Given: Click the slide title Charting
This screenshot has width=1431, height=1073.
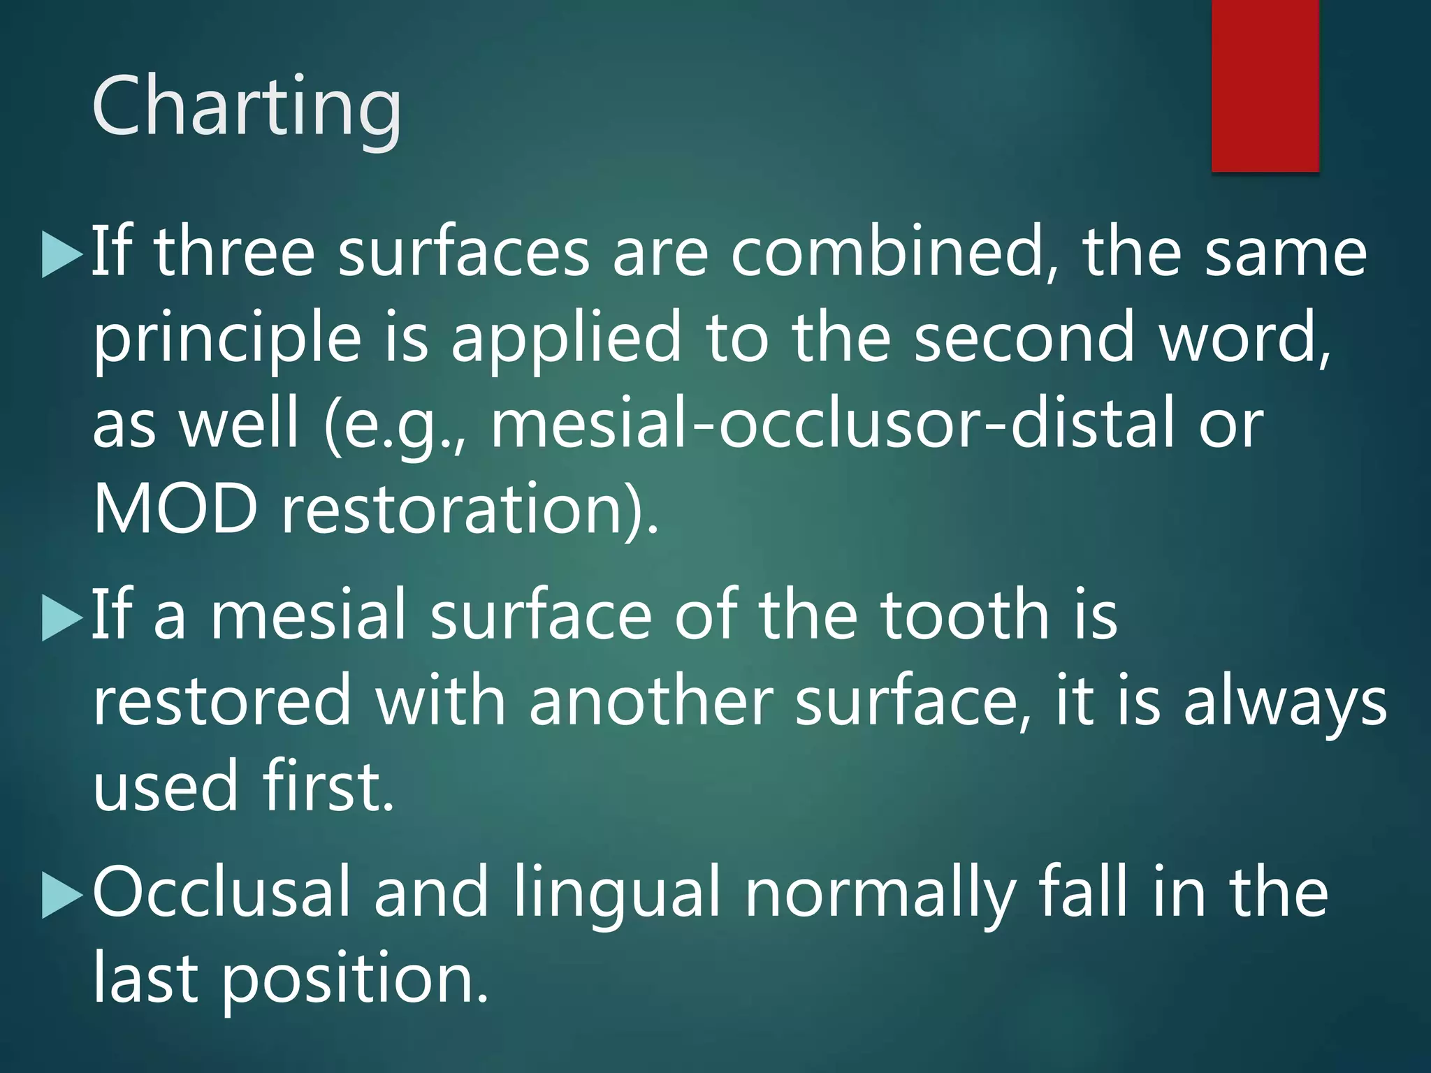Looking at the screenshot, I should pos(247,106).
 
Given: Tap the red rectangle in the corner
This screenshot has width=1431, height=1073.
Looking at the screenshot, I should pos(1265,85).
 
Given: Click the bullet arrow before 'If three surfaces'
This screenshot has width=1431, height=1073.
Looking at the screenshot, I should pos(61,255).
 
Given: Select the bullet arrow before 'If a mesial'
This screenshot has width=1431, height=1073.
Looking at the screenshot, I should pos(61,618).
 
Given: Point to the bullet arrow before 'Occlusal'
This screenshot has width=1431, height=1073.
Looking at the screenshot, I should pos(61,895).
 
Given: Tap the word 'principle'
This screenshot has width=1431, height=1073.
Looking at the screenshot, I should pos(228,340).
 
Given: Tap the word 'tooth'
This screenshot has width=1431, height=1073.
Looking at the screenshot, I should pos(965,615).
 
